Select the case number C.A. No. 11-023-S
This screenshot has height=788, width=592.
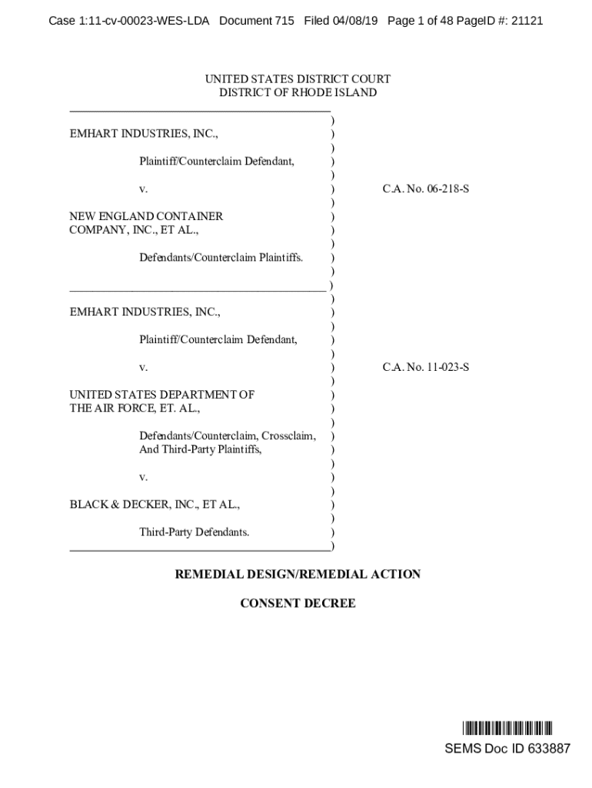[426, 367]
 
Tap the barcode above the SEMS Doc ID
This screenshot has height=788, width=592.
[507, 728]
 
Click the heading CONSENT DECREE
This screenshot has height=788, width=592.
[298, 603]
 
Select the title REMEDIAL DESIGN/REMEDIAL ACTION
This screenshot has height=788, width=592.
[298, 574]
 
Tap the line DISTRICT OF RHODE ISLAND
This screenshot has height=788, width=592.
[298, 93]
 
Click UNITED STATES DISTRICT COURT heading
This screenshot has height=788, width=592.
[298, 79]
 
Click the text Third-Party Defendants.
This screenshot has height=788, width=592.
[194, 532]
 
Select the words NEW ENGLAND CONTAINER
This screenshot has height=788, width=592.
[146, 216]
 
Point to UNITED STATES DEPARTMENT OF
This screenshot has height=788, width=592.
[161, 395]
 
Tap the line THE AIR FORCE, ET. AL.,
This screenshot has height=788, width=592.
[135, 409]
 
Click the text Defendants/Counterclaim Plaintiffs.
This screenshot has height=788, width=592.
[221, 257]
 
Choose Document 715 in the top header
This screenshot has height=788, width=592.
[257, 21]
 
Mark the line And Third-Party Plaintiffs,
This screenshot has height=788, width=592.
[200, 449]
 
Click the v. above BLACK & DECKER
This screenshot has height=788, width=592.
[143, 477]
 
